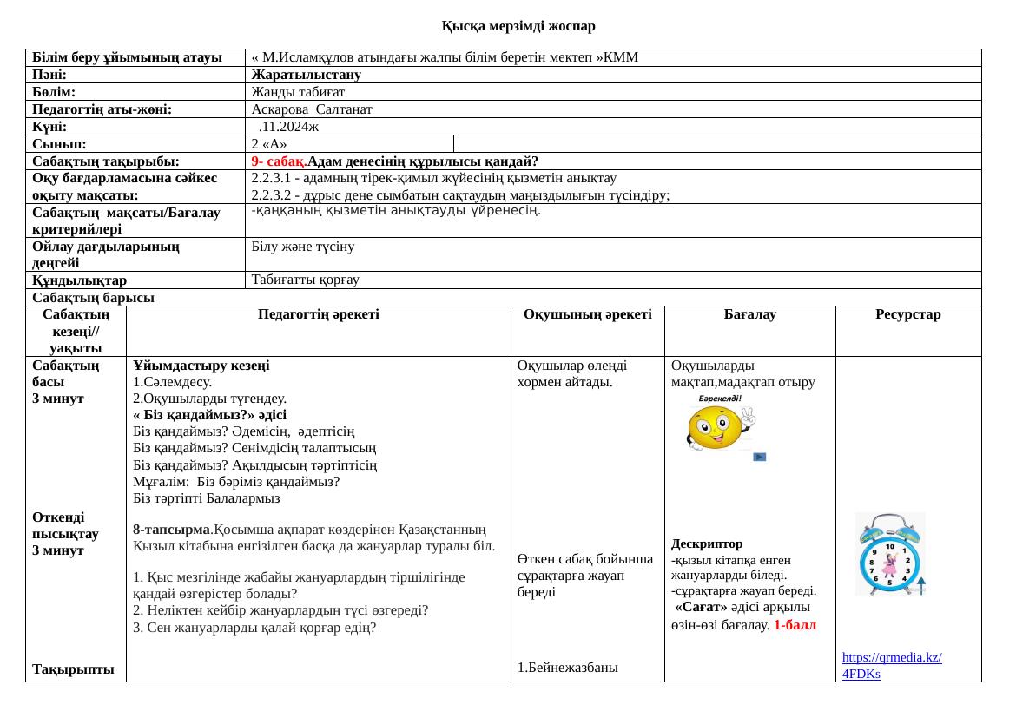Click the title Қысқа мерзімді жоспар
tap(518, 26)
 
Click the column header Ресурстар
tap(907, 314)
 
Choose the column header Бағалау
tap(749, 314)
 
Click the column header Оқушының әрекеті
tap(587, 314)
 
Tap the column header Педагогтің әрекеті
tap(319, 314)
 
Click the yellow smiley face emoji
tap(716, 428)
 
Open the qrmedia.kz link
tap(892, 666)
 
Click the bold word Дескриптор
tap(706, 544)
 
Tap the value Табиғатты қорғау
tap(305, 280)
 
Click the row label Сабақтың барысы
tap(93, 298)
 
